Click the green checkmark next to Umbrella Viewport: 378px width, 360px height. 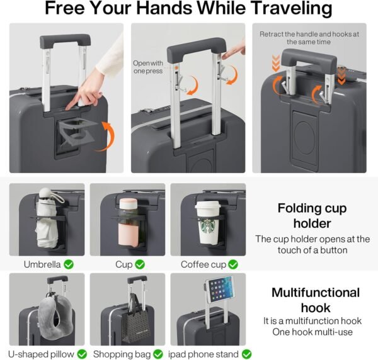click(68, 265)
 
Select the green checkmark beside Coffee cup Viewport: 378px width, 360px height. click(233, 265)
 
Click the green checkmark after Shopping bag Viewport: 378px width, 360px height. click(159, 354)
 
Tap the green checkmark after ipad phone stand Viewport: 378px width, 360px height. click(246, 354)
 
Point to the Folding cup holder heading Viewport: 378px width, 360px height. click(312, 217)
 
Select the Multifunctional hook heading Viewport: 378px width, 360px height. click(315, 300)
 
